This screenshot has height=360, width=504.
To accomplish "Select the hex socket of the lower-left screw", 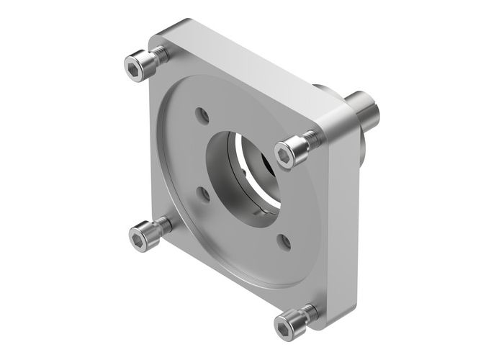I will [139, 237].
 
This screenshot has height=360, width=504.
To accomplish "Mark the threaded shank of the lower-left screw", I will [163, 225].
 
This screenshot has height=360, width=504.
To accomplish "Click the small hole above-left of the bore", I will [202, 115].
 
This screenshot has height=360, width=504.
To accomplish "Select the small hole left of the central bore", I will [204, 193].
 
